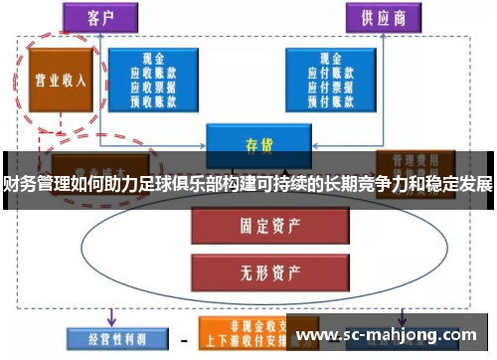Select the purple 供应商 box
(381, 17)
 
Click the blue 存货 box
(253, 144)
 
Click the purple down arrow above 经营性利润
(110, 313)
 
